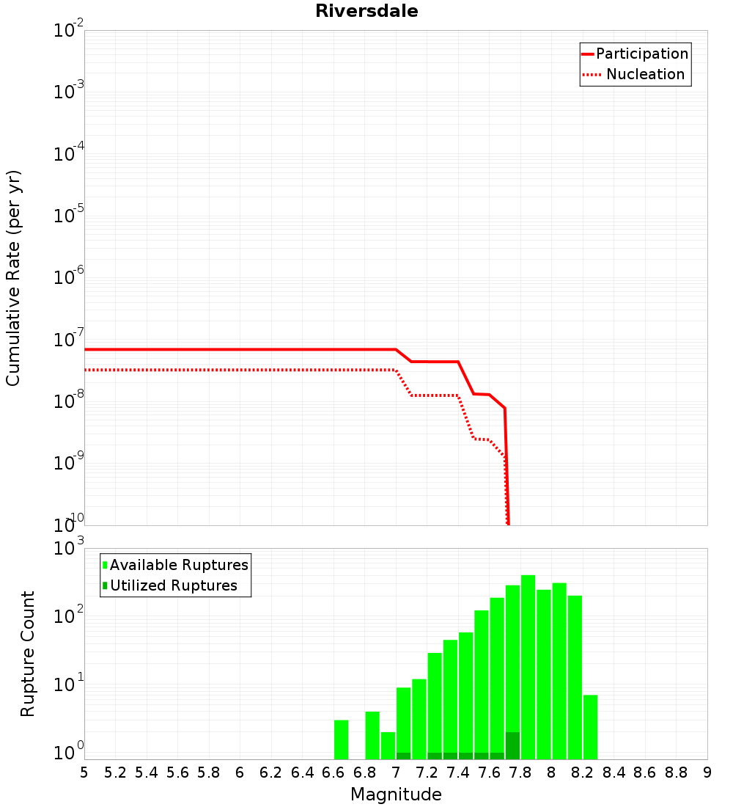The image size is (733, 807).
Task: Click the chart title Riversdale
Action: (366, 11)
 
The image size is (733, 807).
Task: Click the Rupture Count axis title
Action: (28, 654)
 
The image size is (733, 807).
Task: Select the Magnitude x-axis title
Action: (396, 795)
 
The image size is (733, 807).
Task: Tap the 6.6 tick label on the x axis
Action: (334, 773)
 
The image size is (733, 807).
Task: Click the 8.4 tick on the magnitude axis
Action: (614, 773)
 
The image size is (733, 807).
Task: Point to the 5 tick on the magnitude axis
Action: (84, 773)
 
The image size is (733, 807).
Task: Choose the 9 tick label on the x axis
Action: (707, 773)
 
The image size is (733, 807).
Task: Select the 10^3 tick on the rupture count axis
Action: (70, 549)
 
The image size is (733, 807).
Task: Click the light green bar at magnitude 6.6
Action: (341, 740)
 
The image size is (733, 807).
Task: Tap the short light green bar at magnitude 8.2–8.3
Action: (590, 727)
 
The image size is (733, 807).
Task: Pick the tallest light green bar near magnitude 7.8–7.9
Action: (528, 668)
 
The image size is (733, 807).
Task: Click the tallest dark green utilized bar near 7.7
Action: (512, 745)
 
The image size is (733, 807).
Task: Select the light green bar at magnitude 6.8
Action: (372, 735)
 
